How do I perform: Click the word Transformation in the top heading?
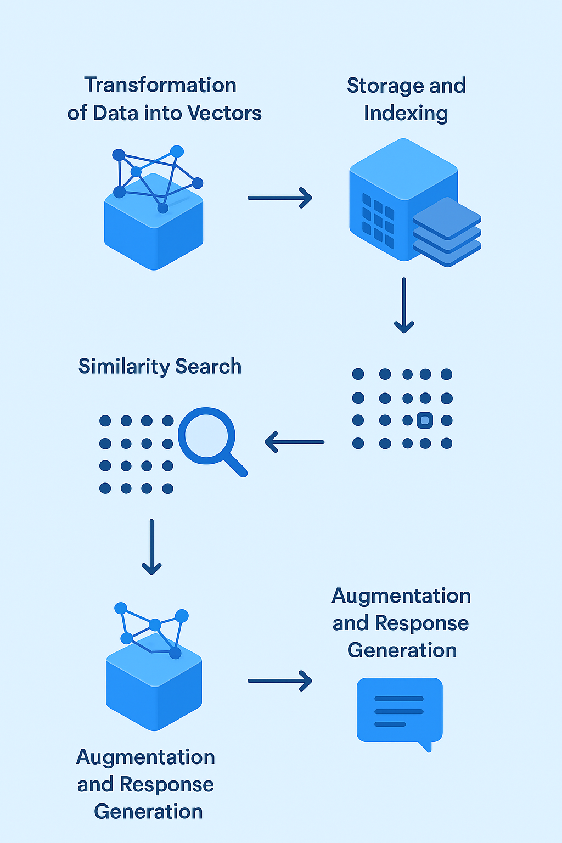(160, 86)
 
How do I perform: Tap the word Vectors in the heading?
(224, 113)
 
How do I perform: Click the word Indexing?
(406, 114)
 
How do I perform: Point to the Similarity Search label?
(160, 366)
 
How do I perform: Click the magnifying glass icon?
(207, 436)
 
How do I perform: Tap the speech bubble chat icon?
(399, 710)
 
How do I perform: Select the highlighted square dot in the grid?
(425, 420)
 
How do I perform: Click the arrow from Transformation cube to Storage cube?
(279, 198)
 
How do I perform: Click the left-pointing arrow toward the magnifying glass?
(294, 442)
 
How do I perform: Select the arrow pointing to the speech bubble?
(279, 681)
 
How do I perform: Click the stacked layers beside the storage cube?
(447, 232)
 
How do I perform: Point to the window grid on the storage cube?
(378, 220)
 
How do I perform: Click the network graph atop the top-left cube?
(157, 176)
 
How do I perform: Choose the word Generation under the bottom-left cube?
(148, 811)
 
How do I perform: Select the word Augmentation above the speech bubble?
(401, 596)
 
